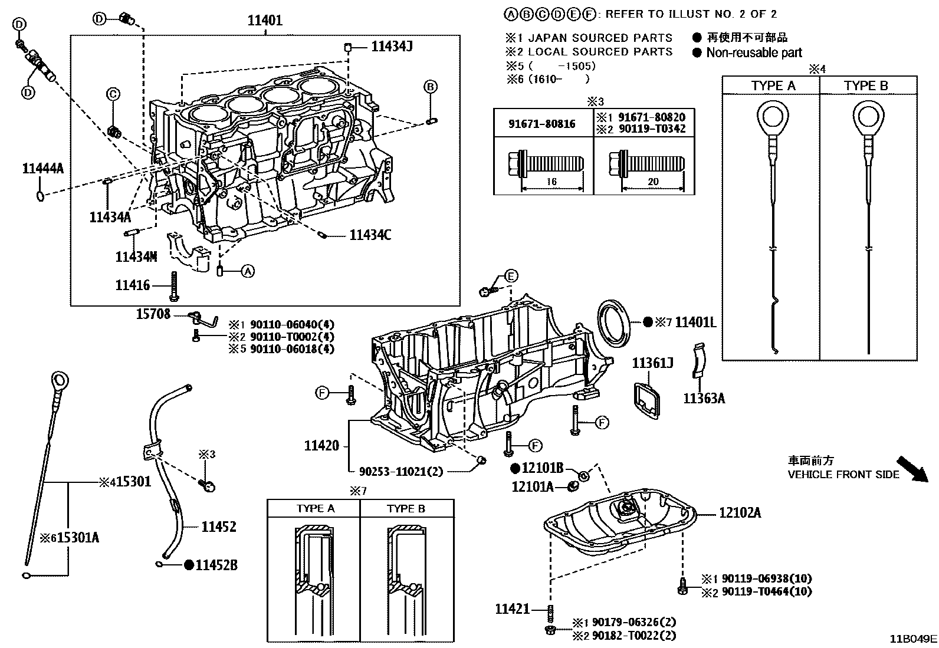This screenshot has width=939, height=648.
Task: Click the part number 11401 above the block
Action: [x=265, y=21]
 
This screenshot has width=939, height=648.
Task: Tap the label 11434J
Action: [x=392, y=46]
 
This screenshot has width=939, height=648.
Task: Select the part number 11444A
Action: [x=42, y=169]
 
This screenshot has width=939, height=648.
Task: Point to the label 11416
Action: [x=133, y=285]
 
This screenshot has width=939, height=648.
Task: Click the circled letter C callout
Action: [x=113, y=94]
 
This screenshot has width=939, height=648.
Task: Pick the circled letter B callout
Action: [x=431, y=87]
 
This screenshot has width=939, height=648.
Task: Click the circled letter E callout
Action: [x=511, y=276]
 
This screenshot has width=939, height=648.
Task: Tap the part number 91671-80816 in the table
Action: [x=543, y=124]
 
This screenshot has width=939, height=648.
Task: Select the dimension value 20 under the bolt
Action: [x=653, y=182]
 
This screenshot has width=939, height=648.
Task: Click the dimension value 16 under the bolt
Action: [x=551, y=182]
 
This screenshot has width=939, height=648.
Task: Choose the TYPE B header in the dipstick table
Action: [x=866, y=86]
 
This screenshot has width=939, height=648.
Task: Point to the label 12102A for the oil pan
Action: [x=740, y=513]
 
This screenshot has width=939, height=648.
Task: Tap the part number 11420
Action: [x=321, y=446]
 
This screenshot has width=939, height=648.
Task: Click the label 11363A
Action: [x=704, y=399]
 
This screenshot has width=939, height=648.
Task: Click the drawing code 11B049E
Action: [x=914, y=639]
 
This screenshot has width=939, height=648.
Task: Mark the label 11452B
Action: [x=216, y=565]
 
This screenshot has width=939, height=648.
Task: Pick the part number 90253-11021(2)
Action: [x=400, y=472]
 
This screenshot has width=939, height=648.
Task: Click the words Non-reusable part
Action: [x=754, y=53]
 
